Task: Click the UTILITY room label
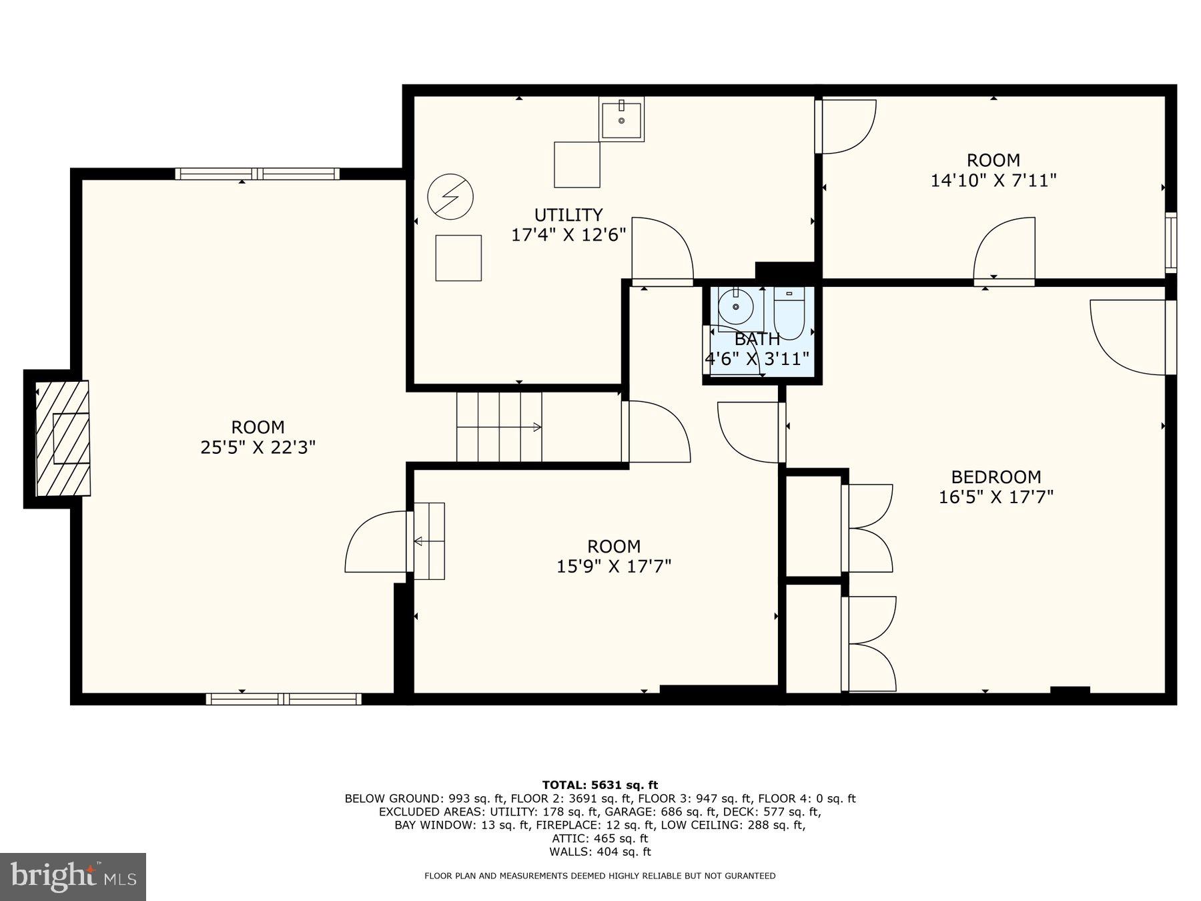(x=568, y=215)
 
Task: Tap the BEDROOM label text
(x=995, y=477)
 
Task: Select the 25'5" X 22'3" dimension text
(x=258, y=447)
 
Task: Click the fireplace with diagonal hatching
(x=62, y=438)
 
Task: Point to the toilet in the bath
(x=789, y=312)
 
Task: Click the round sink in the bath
(x=736, y=307)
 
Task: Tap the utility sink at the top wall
(x=621, y=119)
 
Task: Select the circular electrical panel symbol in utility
(x=450, y=197)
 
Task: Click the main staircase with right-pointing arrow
(x=499, y=427)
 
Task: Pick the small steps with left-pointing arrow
(x=429, y=541)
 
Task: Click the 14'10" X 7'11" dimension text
(x=993, y=180)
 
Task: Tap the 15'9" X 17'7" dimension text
(x=613, y=567)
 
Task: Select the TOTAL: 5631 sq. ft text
(x=600, y=785)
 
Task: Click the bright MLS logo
(x=73, y=876)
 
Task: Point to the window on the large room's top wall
(x=258, y=174)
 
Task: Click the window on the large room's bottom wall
(x=284, y=699)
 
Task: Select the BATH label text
(x=757, y=339)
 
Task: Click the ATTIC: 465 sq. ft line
(x=600, y=838)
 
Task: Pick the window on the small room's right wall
(x=1170, y=242)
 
